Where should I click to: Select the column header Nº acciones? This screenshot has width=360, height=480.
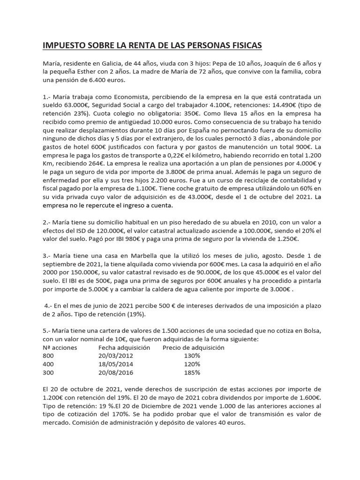(x=60, y=347)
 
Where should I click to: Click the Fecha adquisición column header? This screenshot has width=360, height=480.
(x=124, y=347)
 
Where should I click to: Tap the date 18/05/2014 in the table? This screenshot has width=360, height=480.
(x=116, y=364)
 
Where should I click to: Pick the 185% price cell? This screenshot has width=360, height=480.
(x=192, y=373)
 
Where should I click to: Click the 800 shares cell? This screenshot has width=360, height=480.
(x=48, y=356)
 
